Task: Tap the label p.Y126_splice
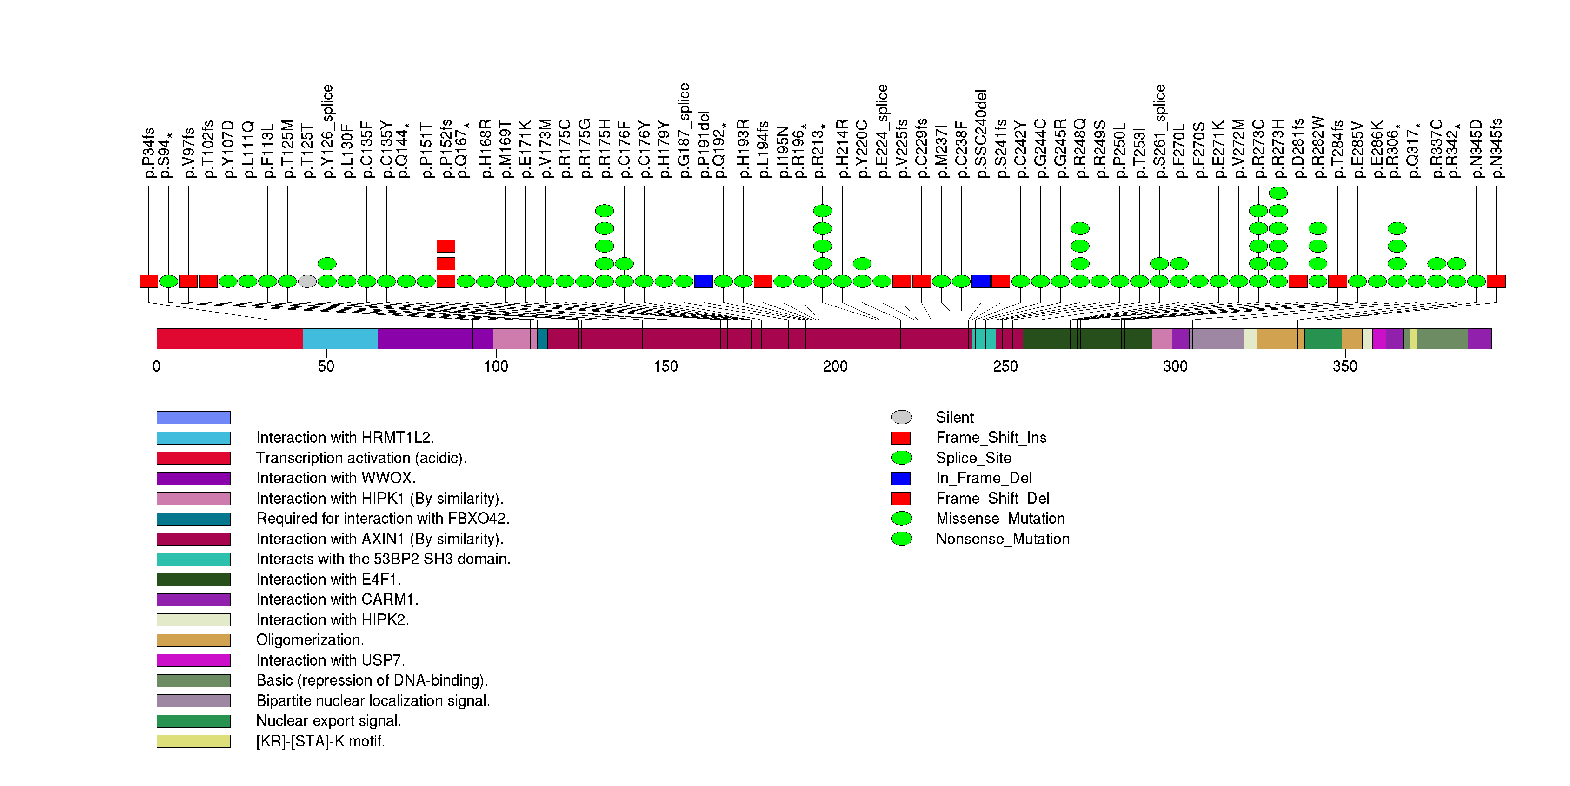coord(327,131)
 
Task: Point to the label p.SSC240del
coord(981,134)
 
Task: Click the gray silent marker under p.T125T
coord(307,281)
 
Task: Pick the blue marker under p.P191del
coord(703,281)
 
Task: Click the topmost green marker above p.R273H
coord(1278,193)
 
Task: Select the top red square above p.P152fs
coord(446,246)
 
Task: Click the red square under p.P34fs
coord(149,281)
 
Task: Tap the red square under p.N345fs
coord(1496,281)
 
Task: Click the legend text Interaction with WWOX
coord(336,478)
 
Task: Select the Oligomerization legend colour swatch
coord(193,640)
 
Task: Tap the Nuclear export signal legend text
coord(328,721)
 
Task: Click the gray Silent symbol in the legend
coord(901,417)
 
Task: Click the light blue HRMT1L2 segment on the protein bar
coord(340,339)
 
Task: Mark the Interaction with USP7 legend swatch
coord(193,660)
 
